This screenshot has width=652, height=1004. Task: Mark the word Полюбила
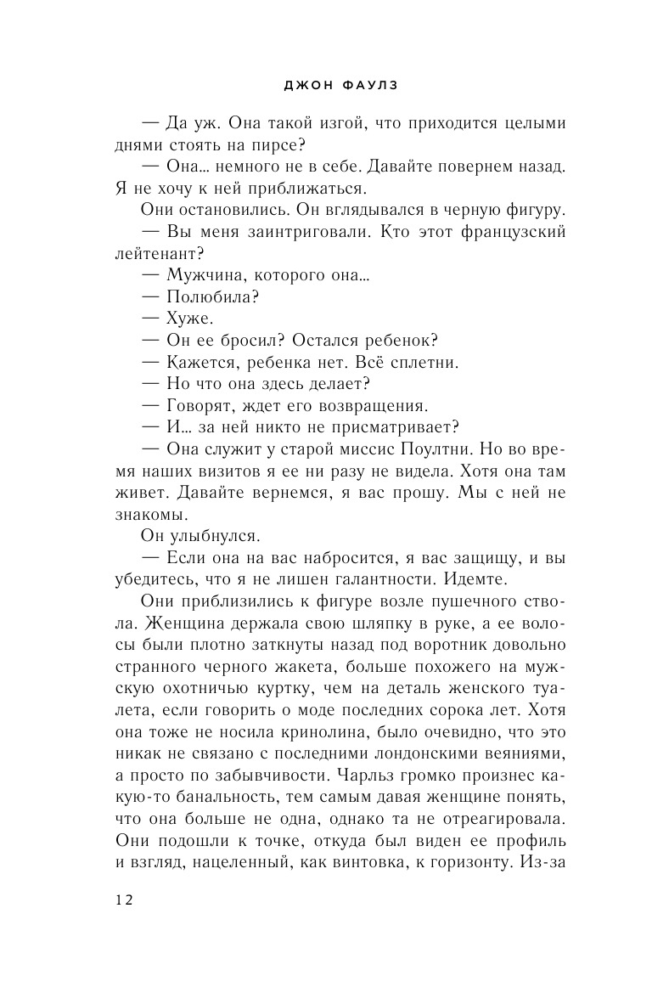coord(212,297)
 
